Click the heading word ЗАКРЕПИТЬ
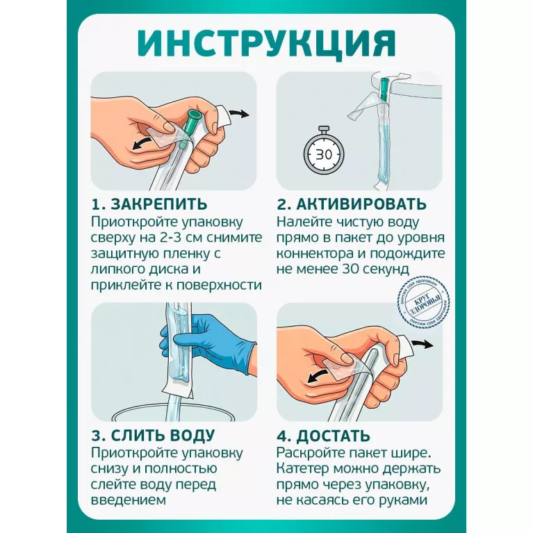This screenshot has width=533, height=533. pos(159,204)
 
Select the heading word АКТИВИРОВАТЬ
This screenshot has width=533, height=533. pos(361,204)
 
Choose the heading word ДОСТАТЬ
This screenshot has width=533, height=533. pos(333,436)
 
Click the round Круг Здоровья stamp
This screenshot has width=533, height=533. pos(424,300)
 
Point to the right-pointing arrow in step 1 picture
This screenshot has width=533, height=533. pos(238,114)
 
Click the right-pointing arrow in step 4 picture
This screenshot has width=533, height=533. pos(423,345)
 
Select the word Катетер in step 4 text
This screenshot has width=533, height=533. pos(302,468)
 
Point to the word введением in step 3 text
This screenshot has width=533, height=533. pos(129,500)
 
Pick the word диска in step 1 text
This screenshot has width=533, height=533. pos(170,269)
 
